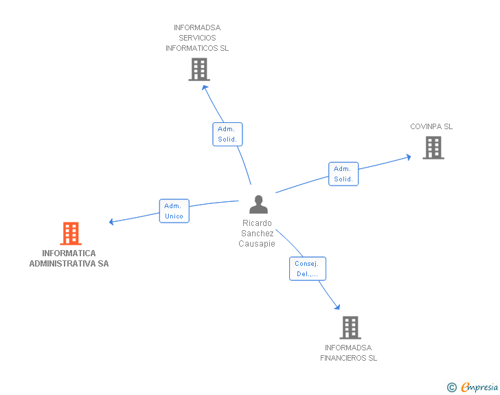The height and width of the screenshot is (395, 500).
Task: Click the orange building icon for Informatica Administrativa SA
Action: (x=71, y=234)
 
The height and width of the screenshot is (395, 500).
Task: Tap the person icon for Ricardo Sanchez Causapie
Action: (x=258, y=205)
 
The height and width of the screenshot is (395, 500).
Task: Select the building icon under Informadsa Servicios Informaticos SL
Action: (x=198, y=69)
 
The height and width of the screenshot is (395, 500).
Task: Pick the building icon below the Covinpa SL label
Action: (x=433, y=148)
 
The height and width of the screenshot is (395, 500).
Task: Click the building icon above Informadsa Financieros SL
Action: (x=350, y=328)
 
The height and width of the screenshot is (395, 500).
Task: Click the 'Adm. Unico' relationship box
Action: (x=174, y=211)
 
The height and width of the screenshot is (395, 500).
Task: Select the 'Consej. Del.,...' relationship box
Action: (x=307, y=269)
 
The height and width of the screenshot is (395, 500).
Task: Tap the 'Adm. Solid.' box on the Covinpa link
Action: (x=343, y=174)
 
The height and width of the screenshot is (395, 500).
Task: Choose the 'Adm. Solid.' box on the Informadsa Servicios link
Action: (x=227, y=134)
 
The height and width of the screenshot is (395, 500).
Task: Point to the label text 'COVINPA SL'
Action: (x=431, y=126)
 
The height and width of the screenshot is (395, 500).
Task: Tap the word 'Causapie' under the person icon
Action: (x=257, y=244)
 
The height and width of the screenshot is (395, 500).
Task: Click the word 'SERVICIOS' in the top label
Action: (x=197, y=38)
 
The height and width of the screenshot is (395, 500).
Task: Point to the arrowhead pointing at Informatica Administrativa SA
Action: (x=112, y=221)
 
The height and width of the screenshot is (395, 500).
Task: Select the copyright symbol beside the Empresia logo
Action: (x=451, y=387)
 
